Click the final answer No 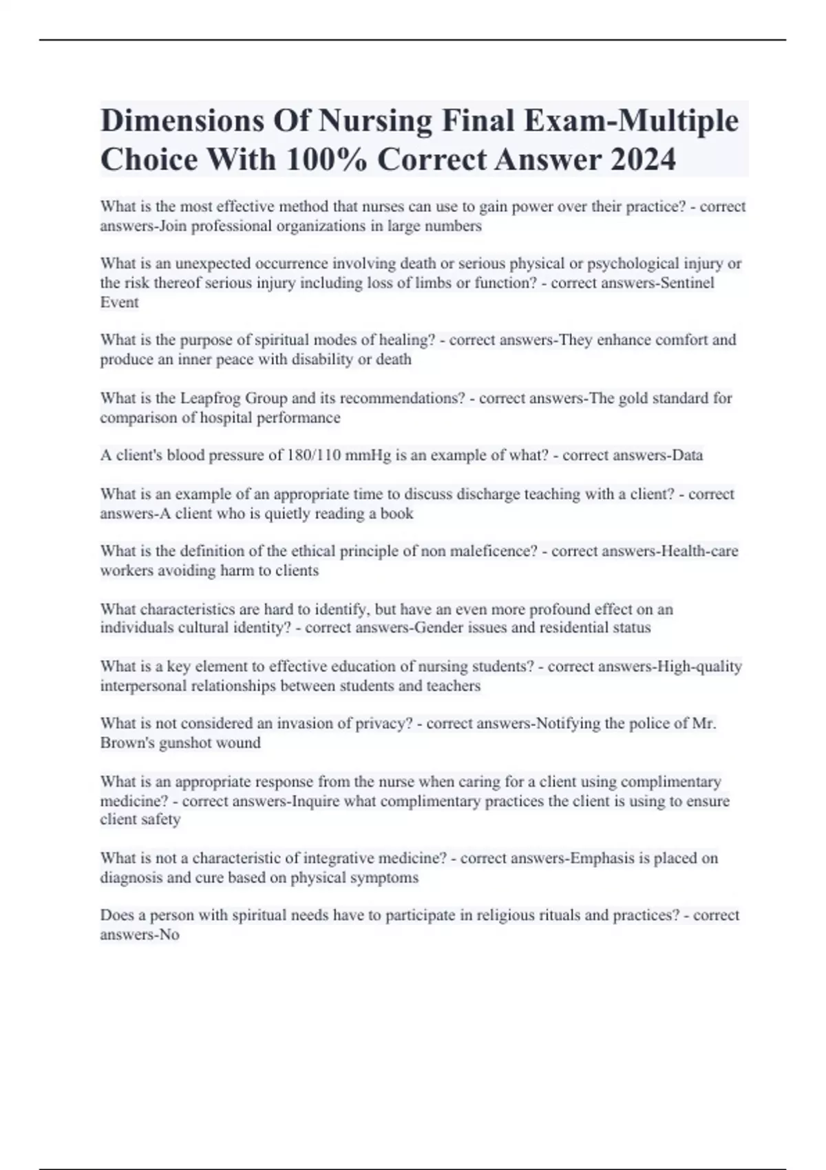click(169, 935)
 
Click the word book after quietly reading click(397, 513)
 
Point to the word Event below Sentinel click(119, 302)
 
